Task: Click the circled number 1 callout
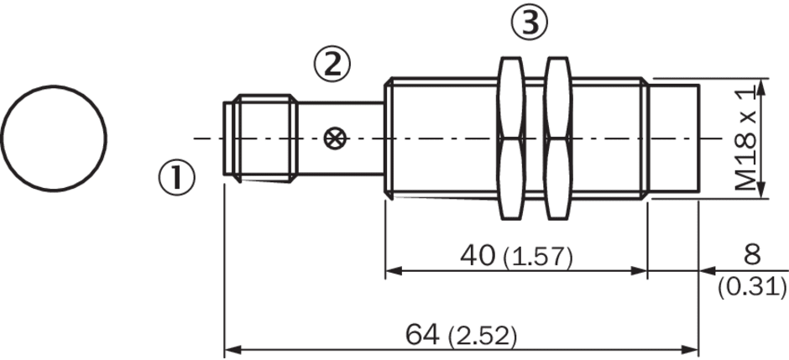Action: [176, 179]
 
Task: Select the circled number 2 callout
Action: [332, 65]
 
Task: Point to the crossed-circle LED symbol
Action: [332, 138]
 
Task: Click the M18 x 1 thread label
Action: [745, 138]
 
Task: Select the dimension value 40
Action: [478, 256]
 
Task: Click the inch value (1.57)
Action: [538, 258]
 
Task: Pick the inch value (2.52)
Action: [483, 337]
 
